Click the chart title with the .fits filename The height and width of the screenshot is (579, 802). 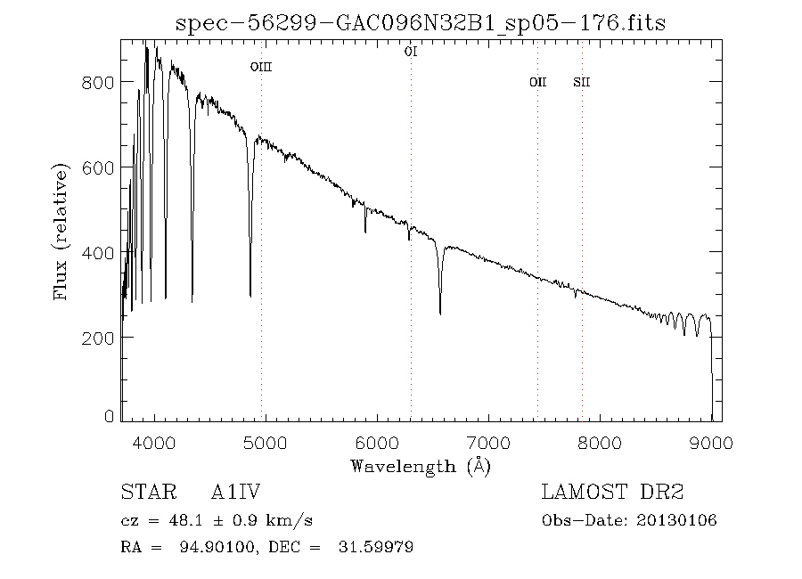point(421,22)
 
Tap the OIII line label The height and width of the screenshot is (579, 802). point(260,67)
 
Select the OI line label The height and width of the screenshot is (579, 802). point(411,53)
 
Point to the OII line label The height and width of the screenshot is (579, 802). point(537,83)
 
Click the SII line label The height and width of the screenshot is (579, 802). point(582,83)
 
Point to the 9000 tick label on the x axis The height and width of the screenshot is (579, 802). point(711,443)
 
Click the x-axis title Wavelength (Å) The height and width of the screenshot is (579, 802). point(421,466)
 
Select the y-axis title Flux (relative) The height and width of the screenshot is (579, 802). point(61,231)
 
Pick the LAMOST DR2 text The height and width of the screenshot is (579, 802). point(612,492)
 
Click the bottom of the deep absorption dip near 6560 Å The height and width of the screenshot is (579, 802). point(440,312)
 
